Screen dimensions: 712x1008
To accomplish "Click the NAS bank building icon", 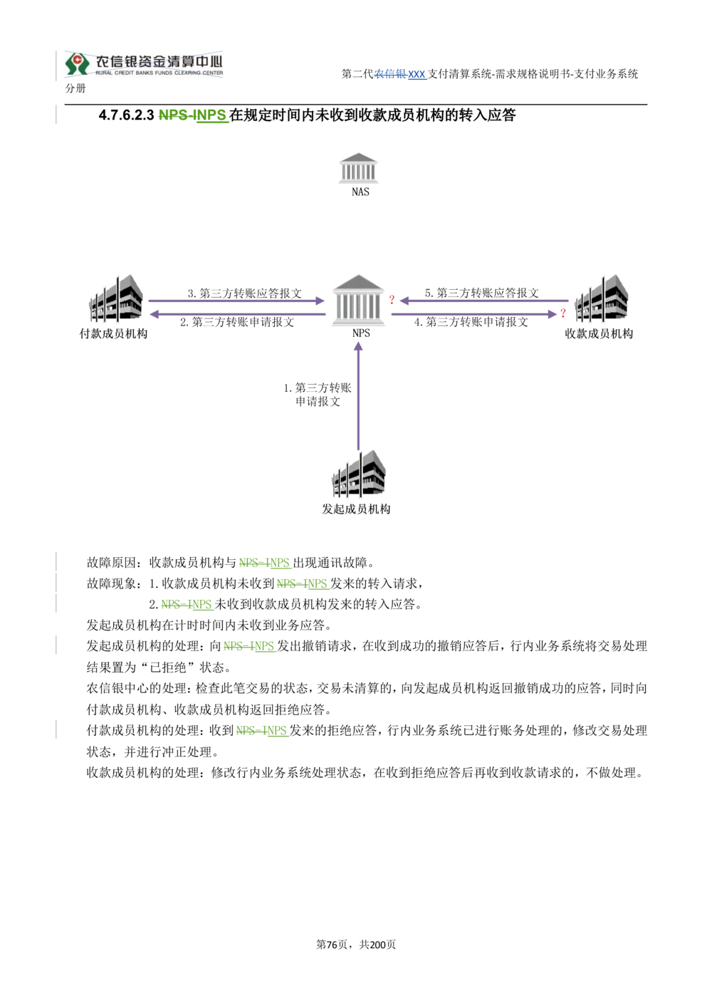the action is (x=358, y=168).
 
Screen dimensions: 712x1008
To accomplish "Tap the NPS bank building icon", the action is (x=358, y=300).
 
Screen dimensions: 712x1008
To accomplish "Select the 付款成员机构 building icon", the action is (x=116, y=298).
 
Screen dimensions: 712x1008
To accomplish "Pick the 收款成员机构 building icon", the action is (x=602, y=298).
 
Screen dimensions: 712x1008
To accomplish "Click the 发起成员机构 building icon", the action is (x=358, y=474).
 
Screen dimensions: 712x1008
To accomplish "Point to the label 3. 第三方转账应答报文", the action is (x=245, y=293).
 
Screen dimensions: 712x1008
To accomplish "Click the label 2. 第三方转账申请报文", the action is (x=237, y=322).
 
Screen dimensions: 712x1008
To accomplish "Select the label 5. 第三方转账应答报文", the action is (x=482, y=293).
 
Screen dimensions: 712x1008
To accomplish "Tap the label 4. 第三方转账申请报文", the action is (x=471, y=322).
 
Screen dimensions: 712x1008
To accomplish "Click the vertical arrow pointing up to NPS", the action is (x=358, y=396).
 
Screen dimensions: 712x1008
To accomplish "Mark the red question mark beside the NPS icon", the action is (x=392, y=299).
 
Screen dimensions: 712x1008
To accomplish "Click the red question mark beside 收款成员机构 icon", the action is (x=562, y=313).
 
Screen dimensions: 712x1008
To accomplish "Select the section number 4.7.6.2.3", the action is (x=127, y=115).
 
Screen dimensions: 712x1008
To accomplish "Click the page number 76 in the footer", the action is (x=332, y=945).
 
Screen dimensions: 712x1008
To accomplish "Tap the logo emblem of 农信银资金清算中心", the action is (x=77, y=64).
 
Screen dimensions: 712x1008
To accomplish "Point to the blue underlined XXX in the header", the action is (x=417, y=74).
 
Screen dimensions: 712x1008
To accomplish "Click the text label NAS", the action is (x=360, y=192).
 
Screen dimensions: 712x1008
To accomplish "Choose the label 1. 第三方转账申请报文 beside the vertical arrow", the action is (x=318, y=394).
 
